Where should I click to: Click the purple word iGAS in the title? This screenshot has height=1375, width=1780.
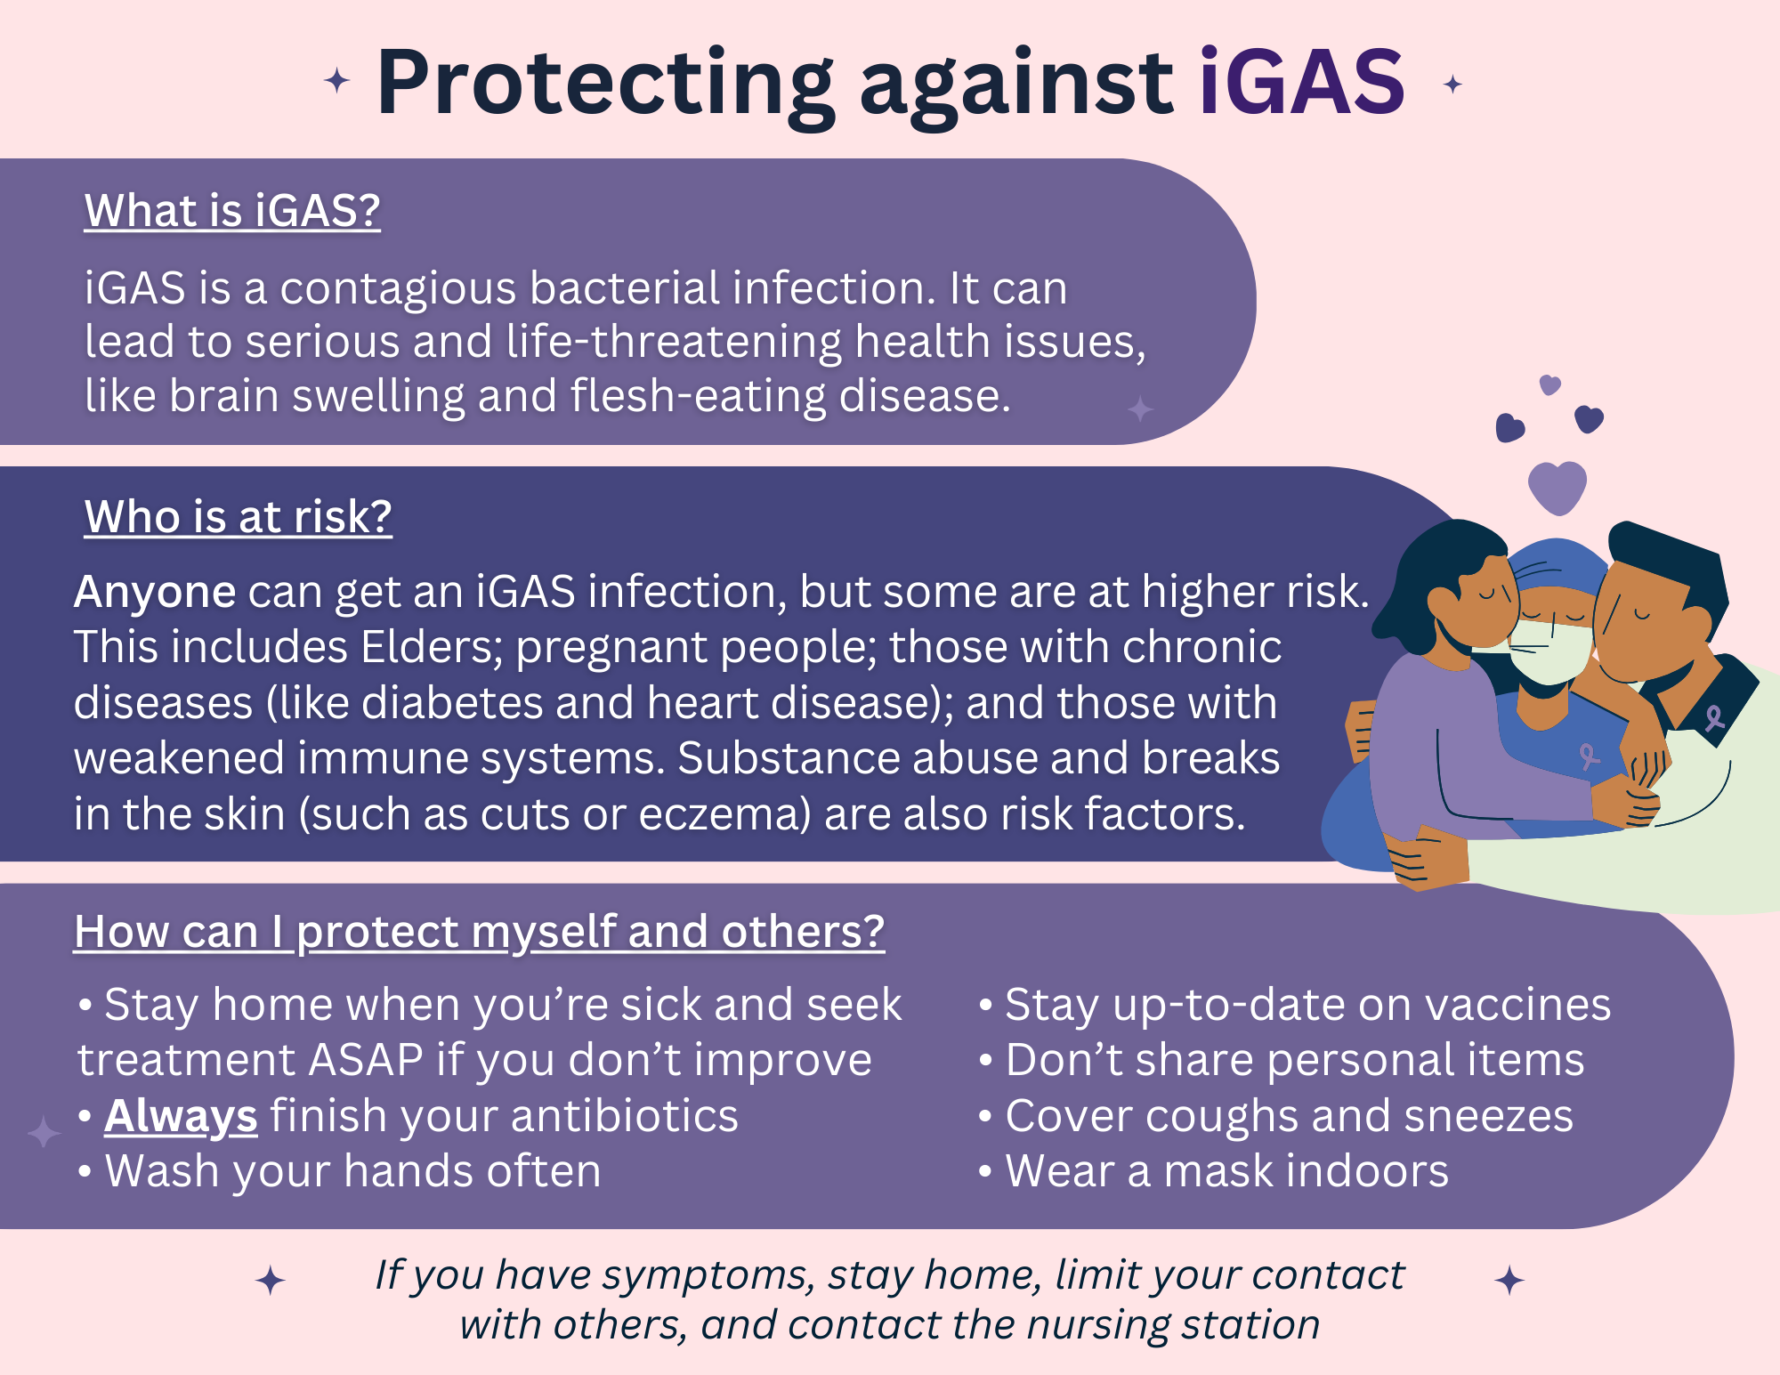click(1301, 82)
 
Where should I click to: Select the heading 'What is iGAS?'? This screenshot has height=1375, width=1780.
click(232, 211)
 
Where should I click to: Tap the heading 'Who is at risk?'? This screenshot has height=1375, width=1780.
click(238, 517)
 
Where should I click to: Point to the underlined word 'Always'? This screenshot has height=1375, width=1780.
click(181, 1117)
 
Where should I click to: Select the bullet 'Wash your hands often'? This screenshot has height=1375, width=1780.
click(339, 1171)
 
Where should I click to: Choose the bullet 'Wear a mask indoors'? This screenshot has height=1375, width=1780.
click(1214, 1171)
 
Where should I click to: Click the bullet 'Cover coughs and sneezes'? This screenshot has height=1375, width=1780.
click(1275, 1116)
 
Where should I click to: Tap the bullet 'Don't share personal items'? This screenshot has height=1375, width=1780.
click(1282, 1060)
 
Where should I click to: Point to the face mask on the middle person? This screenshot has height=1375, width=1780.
click(1549, 651)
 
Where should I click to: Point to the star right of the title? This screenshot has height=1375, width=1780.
click(1452, 85)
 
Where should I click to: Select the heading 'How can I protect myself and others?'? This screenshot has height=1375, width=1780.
click(479, 933)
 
